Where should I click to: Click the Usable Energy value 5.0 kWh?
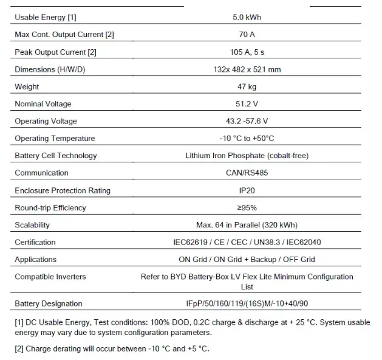247,18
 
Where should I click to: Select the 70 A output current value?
247,35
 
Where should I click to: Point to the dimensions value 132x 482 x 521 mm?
247,69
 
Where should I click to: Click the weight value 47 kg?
247,87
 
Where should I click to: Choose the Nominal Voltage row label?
43,104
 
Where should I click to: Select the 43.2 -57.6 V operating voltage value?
247,121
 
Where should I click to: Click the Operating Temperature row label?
55,139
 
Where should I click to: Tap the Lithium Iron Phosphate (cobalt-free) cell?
247,156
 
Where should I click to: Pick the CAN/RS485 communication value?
247,173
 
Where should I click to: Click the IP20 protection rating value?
247,190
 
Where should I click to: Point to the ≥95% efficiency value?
247,207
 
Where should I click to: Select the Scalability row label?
32,225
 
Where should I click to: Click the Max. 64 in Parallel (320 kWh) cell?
247,225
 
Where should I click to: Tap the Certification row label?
35,242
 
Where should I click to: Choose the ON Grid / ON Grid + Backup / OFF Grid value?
247,260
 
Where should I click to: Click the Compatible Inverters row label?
50,277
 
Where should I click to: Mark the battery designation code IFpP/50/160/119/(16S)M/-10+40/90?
247,303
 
